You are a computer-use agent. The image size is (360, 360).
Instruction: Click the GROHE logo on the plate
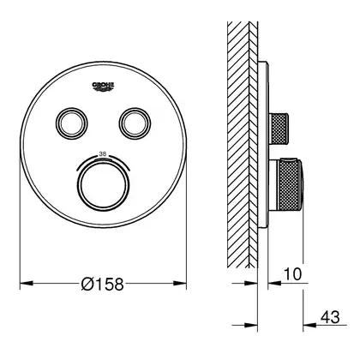103,87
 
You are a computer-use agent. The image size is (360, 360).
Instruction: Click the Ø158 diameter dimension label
102,284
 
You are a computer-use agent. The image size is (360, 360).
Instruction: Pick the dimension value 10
292,274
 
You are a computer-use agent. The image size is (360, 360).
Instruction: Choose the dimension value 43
330,317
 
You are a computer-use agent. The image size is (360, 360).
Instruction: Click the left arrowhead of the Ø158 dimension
27,284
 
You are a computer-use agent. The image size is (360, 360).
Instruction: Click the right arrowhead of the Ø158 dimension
180,284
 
